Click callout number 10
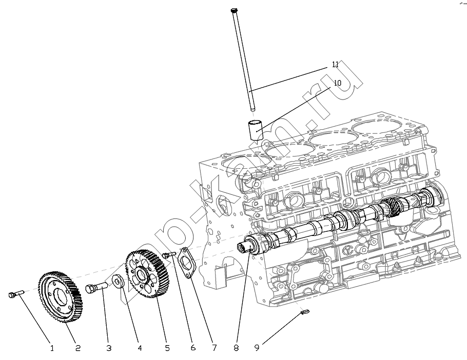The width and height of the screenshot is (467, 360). pyautogui.click(x=337, y=82)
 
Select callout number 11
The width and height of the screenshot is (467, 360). pyautogui.click(x=335, y=65)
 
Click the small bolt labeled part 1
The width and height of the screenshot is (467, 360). pyautogui.click(x=16, y=294)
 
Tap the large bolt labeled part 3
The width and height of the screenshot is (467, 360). pyautogui.click(x=96, y=289)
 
